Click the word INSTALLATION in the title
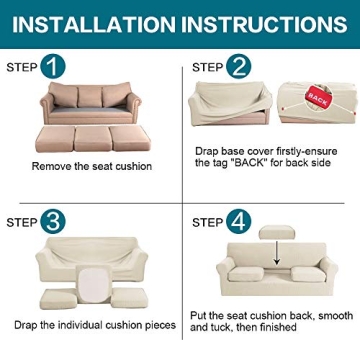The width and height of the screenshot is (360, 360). [x=99, y=22]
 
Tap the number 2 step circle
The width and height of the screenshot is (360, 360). [x=239, y=67]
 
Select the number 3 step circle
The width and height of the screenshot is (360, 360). [x=56, y=220]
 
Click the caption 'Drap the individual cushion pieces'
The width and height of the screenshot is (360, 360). [x=91, y=325]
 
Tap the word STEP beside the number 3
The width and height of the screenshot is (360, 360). [x=23, y=220]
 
